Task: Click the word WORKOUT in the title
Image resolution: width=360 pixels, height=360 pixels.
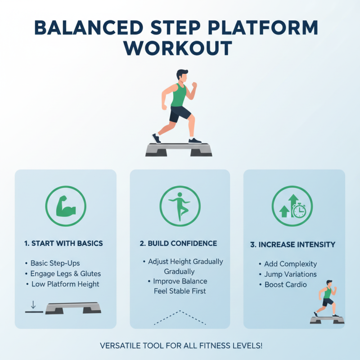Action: [180, 48]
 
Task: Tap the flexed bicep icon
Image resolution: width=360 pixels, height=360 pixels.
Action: [66, 207]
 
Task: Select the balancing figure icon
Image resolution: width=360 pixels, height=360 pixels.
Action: [180, 207]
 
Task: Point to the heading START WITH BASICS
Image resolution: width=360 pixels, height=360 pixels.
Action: [63, 243]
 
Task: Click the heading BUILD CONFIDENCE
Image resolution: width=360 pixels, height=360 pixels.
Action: [178, 243]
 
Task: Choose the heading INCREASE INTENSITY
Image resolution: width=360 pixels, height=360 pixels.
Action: [292, 245]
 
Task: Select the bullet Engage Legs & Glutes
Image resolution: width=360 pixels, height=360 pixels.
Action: [66, 274]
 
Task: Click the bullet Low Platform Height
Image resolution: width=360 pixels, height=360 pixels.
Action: [65, 284]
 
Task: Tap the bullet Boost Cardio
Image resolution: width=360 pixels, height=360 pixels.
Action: [286, 284]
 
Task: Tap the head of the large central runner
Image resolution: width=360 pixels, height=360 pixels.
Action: [182, 76]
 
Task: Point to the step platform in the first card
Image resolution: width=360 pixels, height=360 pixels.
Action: [73, 308]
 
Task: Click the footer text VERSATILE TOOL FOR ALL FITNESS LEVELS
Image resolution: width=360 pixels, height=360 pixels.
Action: [180, 346]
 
